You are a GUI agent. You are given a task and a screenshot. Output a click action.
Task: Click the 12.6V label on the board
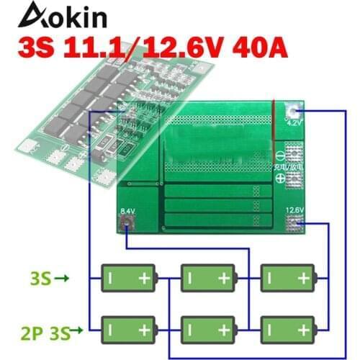(x=294, y=210)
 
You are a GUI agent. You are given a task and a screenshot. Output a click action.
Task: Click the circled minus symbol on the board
(x=294, y=153)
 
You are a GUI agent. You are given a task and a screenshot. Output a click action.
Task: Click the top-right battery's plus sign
(x=305, y=277)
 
